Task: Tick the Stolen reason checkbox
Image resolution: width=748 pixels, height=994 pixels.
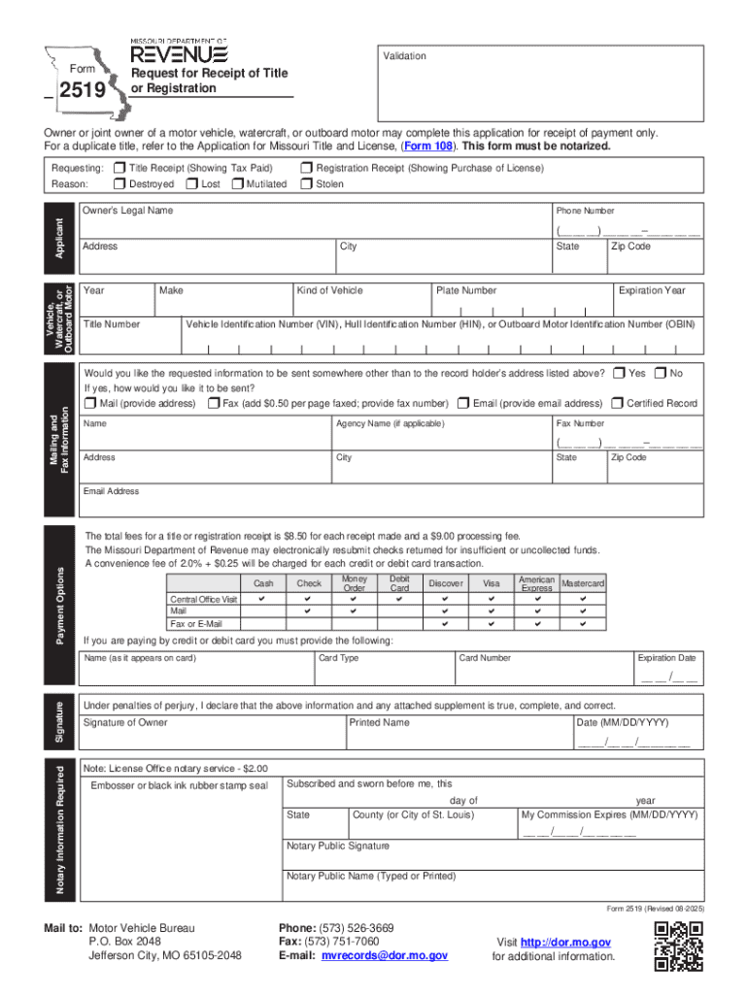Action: [307, 183]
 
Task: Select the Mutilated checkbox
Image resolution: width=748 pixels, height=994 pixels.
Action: [238, 183]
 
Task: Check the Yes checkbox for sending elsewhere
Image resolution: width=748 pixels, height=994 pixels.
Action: [618, 374]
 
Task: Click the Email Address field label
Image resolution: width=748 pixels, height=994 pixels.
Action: [112, 491]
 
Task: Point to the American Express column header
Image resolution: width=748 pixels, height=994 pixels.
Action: [536, 583]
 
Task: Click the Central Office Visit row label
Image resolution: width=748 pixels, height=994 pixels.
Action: [204, 600]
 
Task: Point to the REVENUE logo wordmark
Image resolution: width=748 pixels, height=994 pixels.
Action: [179, 52]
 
